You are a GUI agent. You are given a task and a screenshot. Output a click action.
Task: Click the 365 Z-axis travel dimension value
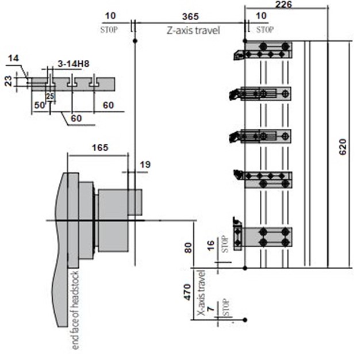click(190, 17)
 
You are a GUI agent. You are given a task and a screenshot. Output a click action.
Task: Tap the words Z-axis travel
click(193, 30)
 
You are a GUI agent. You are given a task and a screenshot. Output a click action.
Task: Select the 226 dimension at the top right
click(283, 5)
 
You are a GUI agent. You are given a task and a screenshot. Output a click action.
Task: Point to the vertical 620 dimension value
click(343, 147)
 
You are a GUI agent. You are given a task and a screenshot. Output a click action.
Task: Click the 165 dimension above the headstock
click(100, 148)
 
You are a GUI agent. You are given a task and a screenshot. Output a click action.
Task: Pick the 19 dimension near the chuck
click(145, 164)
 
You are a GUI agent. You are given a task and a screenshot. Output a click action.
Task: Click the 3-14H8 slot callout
click(74, 64)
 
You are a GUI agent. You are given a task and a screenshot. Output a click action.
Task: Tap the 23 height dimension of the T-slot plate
click(8, 81)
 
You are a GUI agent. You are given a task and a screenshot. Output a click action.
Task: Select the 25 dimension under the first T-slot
click(50, 96)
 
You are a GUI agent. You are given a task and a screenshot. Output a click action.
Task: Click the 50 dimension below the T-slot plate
click(39, 105)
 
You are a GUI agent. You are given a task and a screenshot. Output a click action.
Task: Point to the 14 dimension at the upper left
click(13, 58)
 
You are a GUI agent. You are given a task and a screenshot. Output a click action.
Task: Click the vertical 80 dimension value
click(188, 248)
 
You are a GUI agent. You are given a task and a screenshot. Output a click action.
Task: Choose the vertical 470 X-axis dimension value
click(188, 293)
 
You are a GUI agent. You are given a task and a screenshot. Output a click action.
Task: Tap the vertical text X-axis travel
click(201, 293)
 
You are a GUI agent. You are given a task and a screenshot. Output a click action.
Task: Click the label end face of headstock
click(75, 310)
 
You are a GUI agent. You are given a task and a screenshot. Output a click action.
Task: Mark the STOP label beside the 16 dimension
click(225, 244)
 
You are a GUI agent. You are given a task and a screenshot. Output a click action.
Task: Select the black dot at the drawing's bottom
click(245, 320)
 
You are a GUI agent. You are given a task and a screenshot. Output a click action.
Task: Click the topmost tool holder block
click(268, 50)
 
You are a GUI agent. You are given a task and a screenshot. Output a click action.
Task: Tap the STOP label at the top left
click(109, 30)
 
